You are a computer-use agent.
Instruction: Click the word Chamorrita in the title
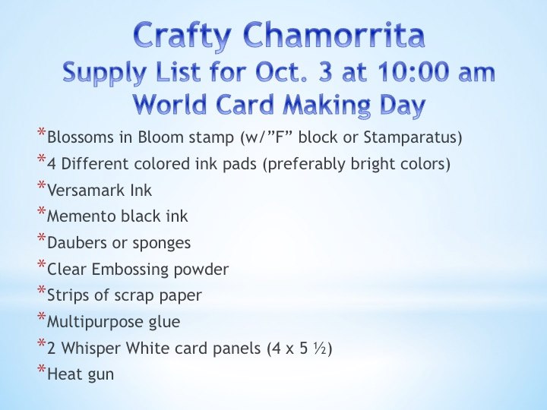(334, 35)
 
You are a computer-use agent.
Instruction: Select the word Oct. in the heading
(281, 72)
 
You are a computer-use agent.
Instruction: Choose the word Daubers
(77, 243)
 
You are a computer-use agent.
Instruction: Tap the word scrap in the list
(134, 296)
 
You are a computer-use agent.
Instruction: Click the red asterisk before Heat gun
(42, 369)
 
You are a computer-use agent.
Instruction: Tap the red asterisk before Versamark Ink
(42, 185)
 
